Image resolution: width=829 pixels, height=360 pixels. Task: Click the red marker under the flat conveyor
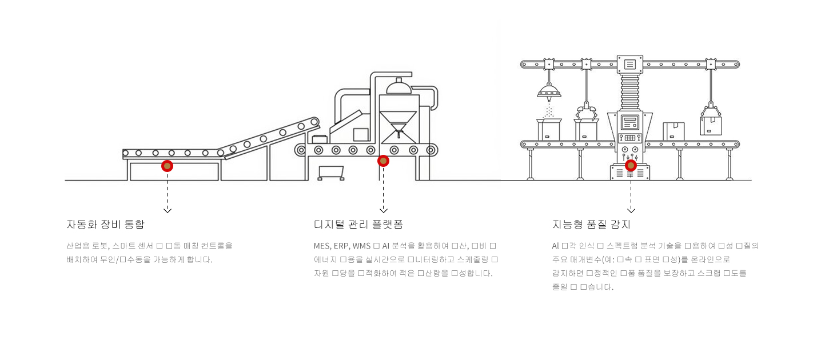[x=167, y=166]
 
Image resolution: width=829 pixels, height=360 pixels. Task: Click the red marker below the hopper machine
[x=383, y=161]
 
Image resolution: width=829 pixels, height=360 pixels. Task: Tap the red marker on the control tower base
[x=631, y=165]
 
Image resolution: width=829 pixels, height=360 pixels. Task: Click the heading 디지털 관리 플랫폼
[x=358, y=224]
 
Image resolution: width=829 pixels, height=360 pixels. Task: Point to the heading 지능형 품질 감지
[x=591, y=224]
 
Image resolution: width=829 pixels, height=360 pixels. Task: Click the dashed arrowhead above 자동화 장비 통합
[x=167, y=210]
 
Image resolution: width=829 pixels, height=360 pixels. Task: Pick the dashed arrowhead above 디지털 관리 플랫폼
[x=383, y=210]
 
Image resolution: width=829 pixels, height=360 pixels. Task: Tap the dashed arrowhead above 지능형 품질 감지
[x=631, y=210]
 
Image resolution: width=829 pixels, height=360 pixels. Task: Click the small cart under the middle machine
[x=331, y=172]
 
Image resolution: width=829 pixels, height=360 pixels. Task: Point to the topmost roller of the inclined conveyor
[x=313, y=122]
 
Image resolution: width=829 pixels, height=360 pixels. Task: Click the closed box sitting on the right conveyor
[x=673, y=130]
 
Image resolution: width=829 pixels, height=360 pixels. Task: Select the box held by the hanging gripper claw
[x=710, y=125]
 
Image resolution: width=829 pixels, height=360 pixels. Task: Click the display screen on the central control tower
[x=631, y=121]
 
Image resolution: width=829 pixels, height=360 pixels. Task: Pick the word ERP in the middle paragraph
[x=338, y=246]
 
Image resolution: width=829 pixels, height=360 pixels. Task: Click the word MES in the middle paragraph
[x=322, y=246]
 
